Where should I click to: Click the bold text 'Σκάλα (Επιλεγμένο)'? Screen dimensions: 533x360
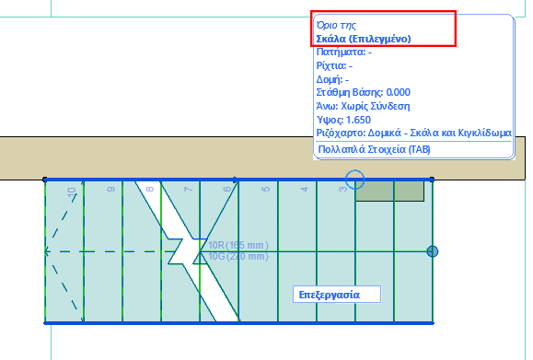(362, 40)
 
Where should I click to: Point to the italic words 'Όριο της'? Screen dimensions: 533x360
(335, 26)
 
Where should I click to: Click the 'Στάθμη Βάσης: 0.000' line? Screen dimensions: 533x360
(363, 92)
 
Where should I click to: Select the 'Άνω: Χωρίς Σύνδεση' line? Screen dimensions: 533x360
(362, 106)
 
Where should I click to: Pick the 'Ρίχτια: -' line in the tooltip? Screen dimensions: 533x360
(334, 66)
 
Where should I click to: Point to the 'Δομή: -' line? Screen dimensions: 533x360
(332, 79)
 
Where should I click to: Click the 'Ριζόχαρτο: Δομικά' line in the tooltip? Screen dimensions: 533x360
(412, 133)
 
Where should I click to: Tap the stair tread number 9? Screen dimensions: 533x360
(110, 191)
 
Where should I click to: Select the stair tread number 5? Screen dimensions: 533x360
(266, 191)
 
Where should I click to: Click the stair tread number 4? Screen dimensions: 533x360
(305, 191)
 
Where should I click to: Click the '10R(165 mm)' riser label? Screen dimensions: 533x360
(238, 245)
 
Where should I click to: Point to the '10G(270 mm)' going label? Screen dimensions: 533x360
(238, 257)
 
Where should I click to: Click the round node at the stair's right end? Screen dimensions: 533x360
(433, 251)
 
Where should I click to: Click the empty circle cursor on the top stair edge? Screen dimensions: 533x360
(355, 179)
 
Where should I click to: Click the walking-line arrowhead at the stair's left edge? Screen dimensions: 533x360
(48, 250)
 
